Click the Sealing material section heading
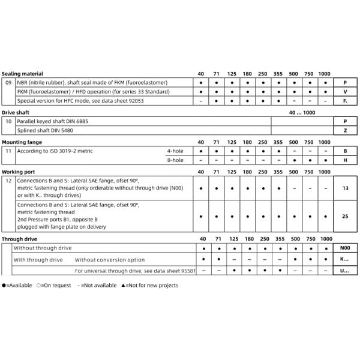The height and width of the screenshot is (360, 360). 23,73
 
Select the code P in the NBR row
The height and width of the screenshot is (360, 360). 345,82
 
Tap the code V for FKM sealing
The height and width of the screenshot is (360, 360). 345,91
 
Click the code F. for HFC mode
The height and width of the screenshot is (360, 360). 345,101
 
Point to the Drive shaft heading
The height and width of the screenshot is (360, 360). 16,112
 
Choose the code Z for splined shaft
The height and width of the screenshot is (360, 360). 345,130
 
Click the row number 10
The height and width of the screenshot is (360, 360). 8,121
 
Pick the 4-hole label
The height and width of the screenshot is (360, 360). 175,151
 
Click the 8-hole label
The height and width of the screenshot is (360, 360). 175,160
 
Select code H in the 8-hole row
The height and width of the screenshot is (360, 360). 345,160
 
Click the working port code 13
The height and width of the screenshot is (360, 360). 345,188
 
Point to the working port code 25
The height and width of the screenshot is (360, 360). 345,215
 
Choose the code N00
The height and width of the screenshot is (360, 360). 344,248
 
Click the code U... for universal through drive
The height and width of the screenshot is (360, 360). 344,271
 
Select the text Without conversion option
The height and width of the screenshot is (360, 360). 110,260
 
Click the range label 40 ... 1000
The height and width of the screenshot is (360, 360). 302,112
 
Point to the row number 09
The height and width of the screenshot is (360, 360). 8,82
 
